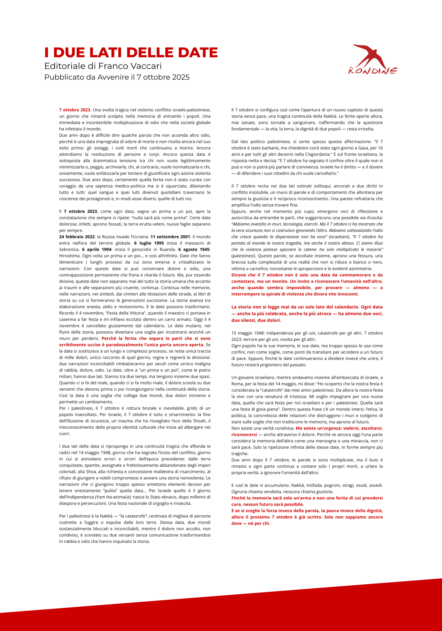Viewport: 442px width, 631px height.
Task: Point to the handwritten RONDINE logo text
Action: click(x=373, y=71)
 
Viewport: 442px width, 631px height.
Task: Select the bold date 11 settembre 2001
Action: click(x=170, y=237)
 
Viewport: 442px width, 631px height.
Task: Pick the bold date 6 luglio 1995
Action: click(x=149, y=243)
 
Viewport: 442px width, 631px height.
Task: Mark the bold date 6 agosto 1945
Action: click(x=194, y=249)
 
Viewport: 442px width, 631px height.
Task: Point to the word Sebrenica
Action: click(x=69, y=249)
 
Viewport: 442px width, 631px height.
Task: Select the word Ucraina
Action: click(x=140, y=237)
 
